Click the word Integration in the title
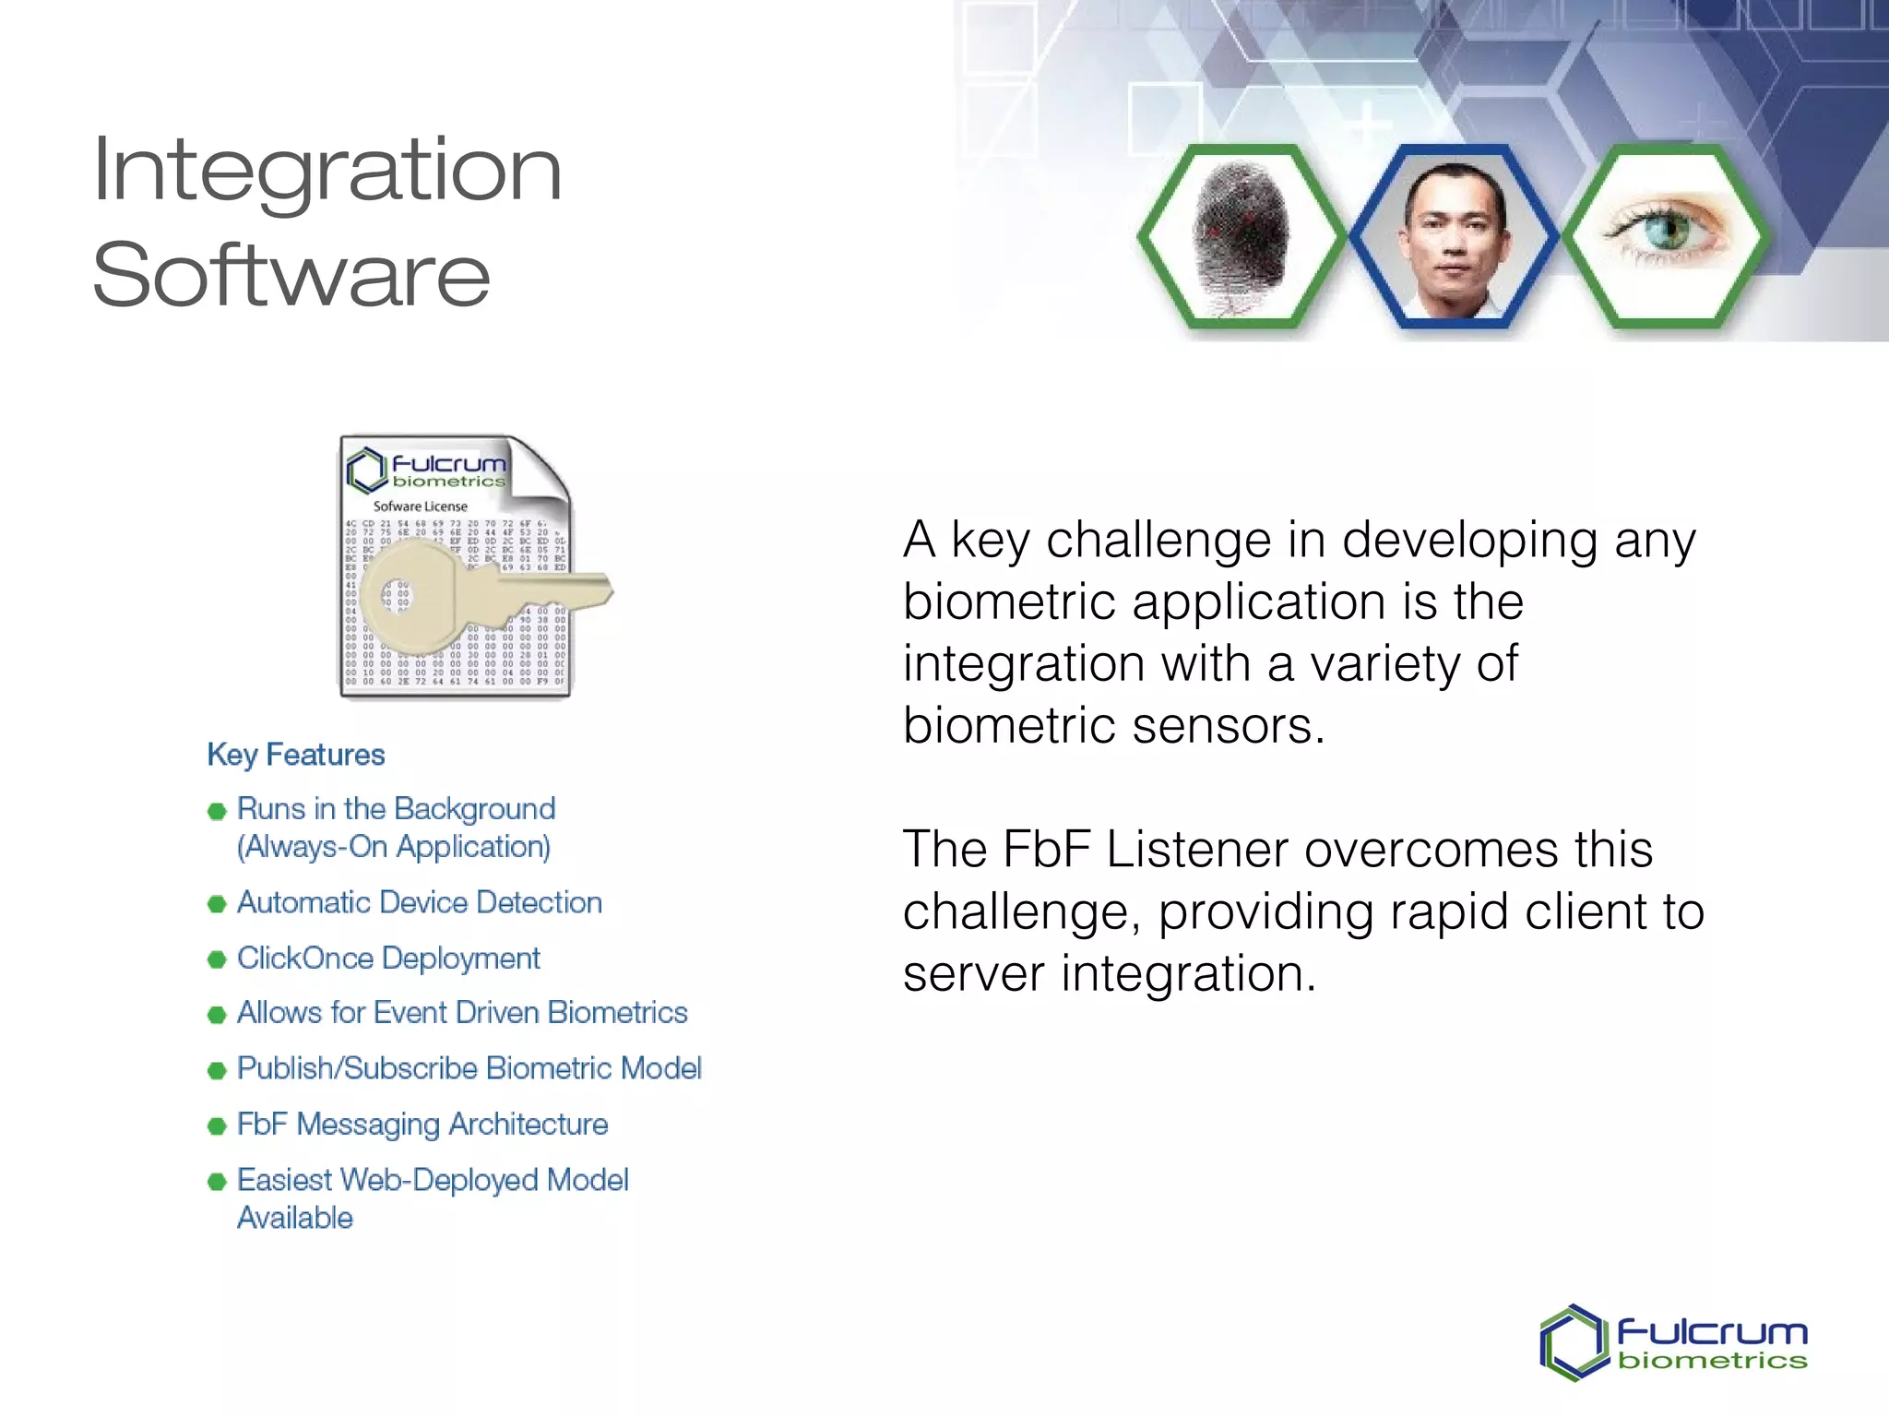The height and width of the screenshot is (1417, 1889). (x=327, y=171)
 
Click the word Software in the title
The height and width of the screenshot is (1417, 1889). (x=291, y=276)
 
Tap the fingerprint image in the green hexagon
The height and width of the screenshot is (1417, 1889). (x=1241, y=237)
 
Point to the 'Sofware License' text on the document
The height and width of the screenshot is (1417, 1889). (x=420, y=506)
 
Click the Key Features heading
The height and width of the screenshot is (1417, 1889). (x=295, y=755)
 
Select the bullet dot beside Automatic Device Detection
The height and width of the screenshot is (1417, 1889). (x=217, y=904)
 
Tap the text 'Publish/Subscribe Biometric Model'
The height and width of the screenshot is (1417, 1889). (x=469, y=1068)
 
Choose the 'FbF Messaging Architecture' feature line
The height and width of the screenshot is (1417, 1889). (x=422, y=1125)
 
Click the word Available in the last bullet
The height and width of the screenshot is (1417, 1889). (x=295, y=1218)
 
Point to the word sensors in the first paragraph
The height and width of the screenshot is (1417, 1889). (x=1227, y=726)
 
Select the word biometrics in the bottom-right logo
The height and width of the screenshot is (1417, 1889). (x=1712, y=1362)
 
